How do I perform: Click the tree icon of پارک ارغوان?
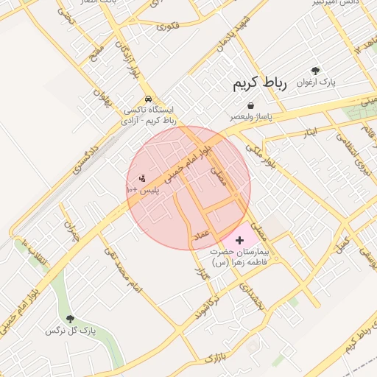coord(316,71)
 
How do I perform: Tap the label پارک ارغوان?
coord(316,83)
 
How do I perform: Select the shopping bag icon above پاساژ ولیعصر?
coord(251,105)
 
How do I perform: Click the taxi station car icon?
coord(149,98)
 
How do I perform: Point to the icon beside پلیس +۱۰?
coord(142,177)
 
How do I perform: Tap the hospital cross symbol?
coord(239,240)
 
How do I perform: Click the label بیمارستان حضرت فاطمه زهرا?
coord(239,256)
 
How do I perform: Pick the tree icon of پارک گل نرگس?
coord(70,320)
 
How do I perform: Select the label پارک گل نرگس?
coord(71,331)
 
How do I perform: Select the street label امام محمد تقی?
coord(121,270)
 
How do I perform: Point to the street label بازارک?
coord(213,358)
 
